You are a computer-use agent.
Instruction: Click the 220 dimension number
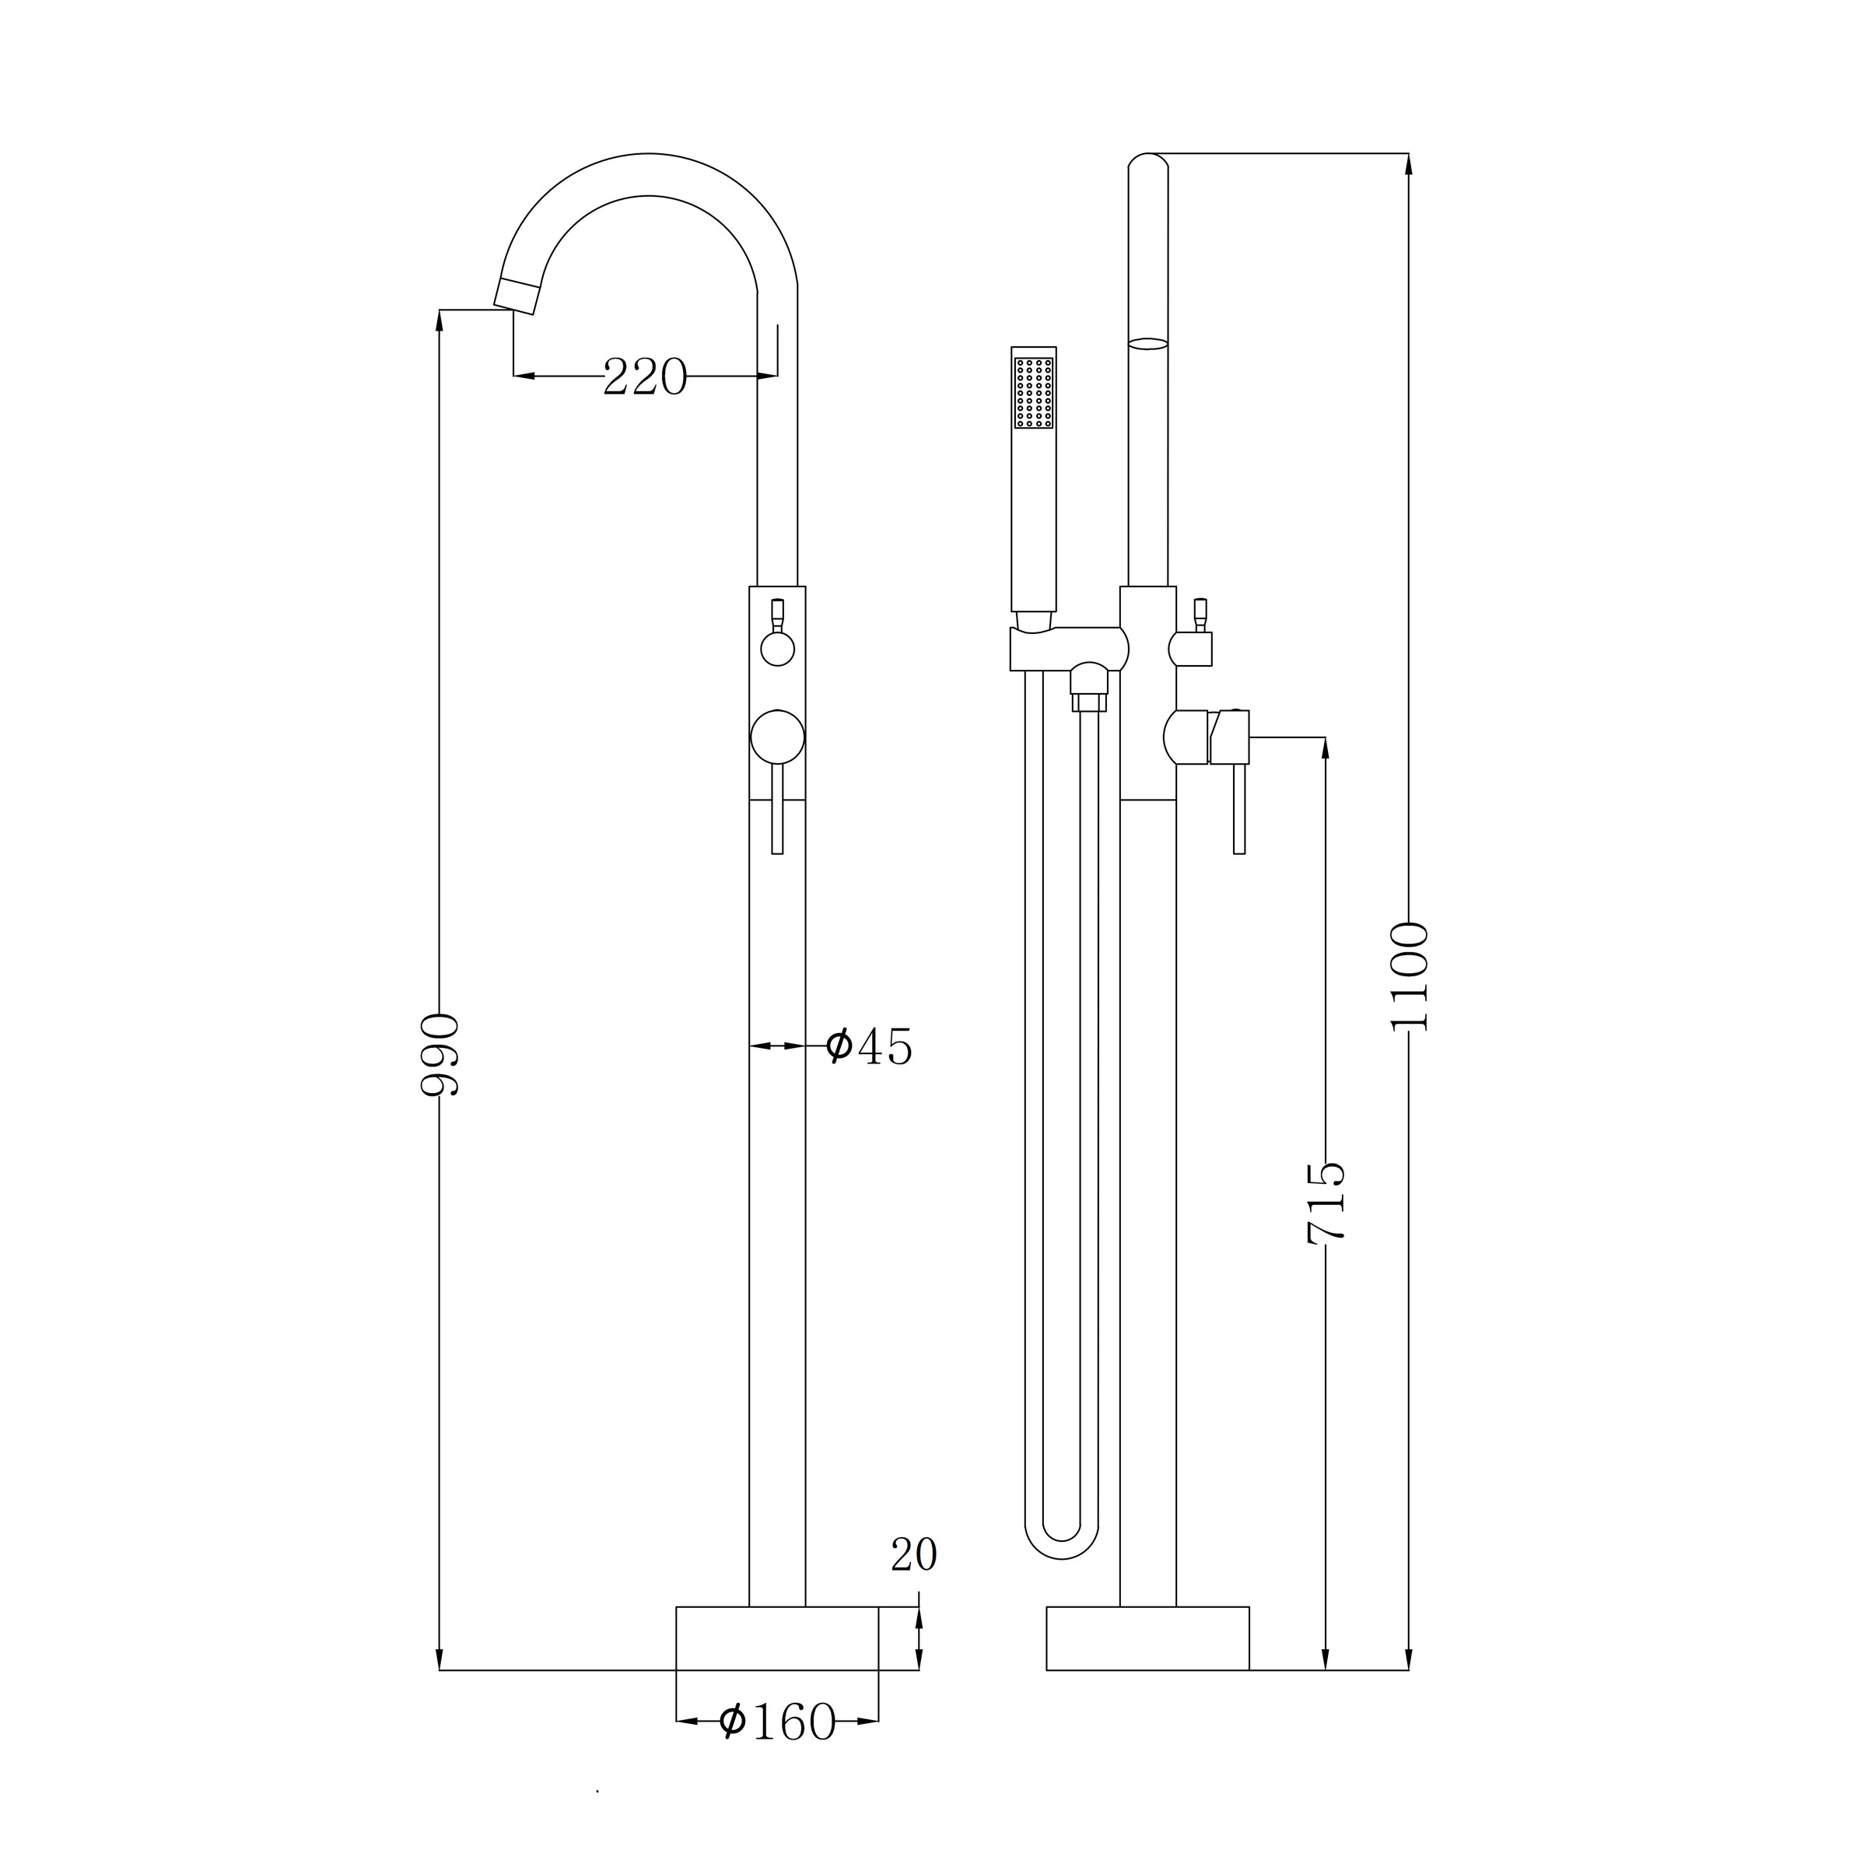645,376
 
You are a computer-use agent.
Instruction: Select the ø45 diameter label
869,1046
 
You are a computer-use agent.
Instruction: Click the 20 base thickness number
914,1554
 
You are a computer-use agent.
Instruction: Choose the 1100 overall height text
1408,977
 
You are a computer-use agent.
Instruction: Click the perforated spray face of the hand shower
1034,392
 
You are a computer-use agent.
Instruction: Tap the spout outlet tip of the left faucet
516,296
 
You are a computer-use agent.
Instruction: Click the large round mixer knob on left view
778,737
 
